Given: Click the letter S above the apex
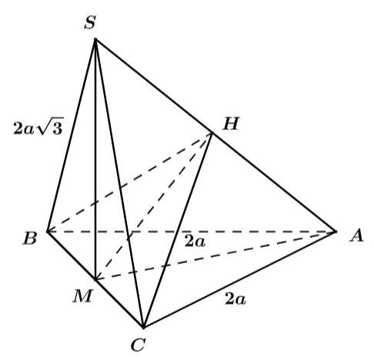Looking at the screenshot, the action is [90, 22].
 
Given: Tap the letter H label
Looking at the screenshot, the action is [231, 124].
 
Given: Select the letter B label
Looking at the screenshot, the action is [30, 238].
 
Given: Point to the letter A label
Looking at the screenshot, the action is [356, 235].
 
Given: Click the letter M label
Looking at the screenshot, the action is [82, 296].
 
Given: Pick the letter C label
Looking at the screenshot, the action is [139, 345].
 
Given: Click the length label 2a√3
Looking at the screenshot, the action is [38, 128].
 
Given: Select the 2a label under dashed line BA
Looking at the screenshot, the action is [195, 242].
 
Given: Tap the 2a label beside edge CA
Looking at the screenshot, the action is [235, 299].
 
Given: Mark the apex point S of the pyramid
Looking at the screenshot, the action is [95, 39].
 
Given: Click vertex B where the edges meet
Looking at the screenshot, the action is [48, 232].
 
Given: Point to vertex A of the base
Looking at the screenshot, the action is [336, 232].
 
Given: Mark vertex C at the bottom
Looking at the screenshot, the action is [144, 328].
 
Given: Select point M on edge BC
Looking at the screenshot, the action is [95, 279].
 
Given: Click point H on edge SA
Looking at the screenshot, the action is [212, 132].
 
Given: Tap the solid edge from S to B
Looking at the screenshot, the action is [72, 135].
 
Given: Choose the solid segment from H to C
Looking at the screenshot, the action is [178, 230].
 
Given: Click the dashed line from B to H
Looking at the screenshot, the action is [130, 182].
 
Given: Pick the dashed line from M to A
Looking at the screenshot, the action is [215, 255].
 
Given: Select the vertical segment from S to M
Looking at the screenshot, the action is [95, 159].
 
